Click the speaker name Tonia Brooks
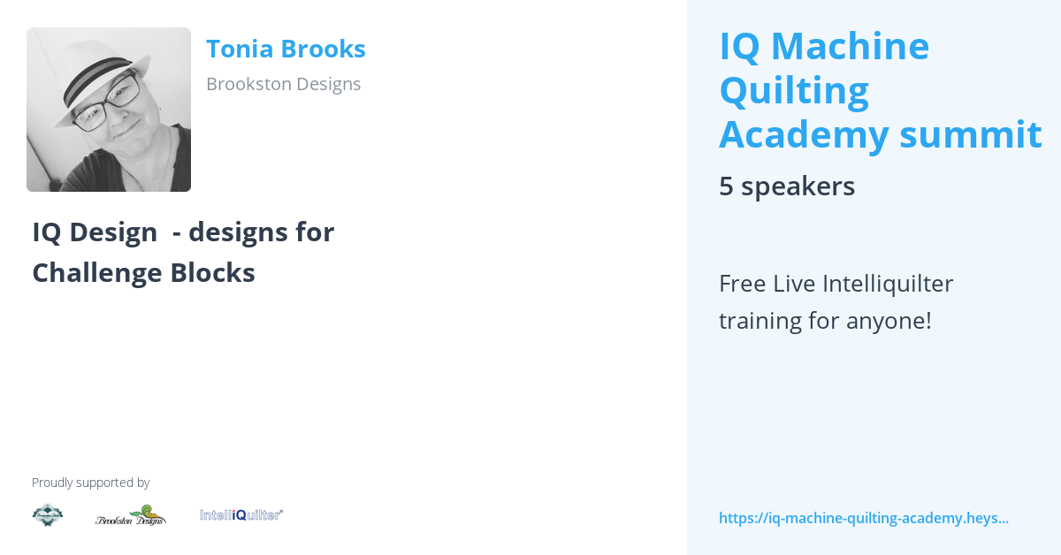point(286,49)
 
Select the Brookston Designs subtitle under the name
point(283,84)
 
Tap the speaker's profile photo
point(109,110)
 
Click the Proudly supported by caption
point(90,483)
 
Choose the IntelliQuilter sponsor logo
point(240,514)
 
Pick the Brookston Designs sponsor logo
point(131,515)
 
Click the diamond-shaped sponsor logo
point(48,514)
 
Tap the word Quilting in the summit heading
point(794,90)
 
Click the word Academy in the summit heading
point(804,134)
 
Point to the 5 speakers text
point(786,186)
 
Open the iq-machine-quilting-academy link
point(863,518)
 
